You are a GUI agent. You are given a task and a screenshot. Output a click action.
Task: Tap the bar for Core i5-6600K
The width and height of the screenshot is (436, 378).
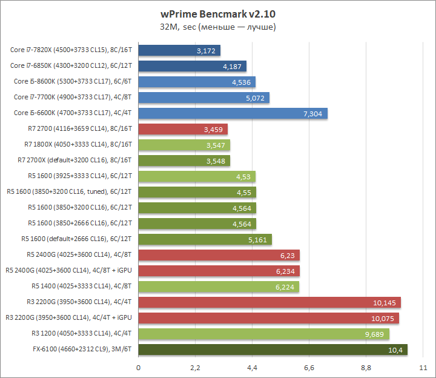233,113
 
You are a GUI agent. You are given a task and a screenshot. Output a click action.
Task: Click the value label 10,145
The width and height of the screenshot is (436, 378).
386,302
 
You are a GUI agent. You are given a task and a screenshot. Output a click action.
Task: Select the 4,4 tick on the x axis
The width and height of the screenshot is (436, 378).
252,368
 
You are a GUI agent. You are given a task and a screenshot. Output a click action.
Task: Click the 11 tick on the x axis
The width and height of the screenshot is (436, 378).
423,368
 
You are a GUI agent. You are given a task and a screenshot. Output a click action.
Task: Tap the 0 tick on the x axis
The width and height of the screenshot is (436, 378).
139,368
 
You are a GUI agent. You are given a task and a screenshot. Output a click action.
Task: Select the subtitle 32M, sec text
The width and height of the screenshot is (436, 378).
218,27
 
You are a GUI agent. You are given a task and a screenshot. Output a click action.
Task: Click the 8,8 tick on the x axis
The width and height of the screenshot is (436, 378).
366,368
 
